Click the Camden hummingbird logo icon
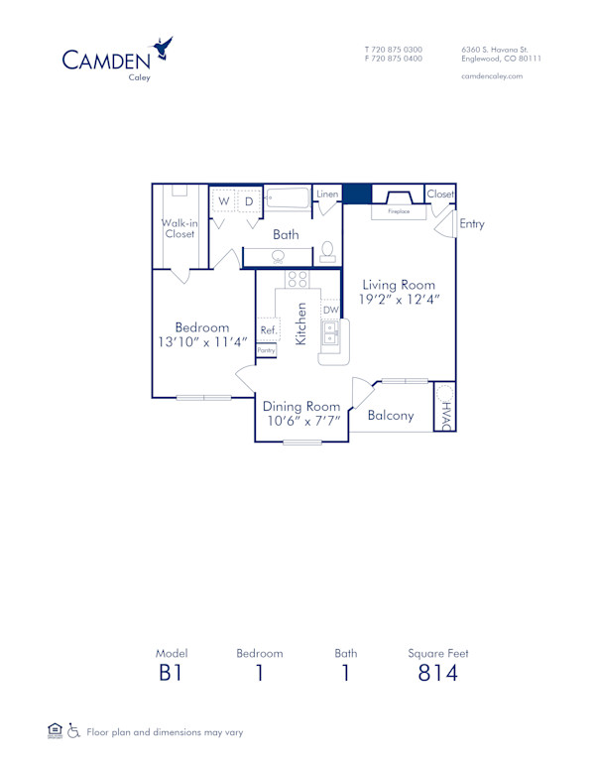pyautogui.click(x=162, y=49)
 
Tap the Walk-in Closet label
pyautogui.click(x=179, y=229)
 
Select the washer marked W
pyautogui.click(x=224, y=200)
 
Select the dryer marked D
pyautogui.click(x=249, y=200)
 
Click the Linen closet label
pyautogui.click(x=327, y=194)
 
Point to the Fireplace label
pyautogui.click(x=399, y=211)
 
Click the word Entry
pyautogui.click(x=472, y=224)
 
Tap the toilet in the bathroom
pyautogui.click(x=326, y=252)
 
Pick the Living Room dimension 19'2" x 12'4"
pyautogui.click(x=399, y=299)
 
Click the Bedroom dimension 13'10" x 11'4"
pyautogui.click(x=202, y=342)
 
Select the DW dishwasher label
pyautogui.click(x=330, y=311)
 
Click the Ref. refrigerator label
pyautogui.click(x=268, y=330)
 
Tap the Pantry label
pyautogui.click(x=267, y=350)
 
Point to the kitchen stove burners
pyautogui.click(x=296, y=279)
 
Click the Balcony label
pyautogui.click(x=391, y=416)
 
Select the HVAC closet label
pyautogui.click(x=446, y=415)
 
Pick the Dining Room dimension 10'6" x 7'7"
pyautogui.click(x=302, y=422)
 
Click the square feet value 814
pyautogui.click(x=437, y=674)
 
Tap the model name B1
pyautogui.click(x=172, y=674)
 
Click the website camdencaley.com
pyautogui.click(x=492, y=76)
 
